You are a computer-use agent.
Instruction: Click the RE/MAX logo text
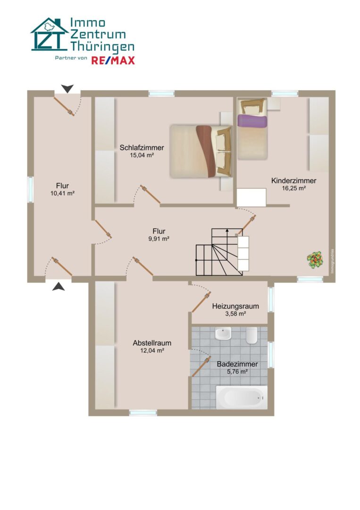(113, 60)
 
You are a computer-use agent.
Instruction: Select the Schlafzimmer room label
(142, 147)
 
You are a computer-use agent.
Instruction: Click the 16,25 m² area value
(294, 188)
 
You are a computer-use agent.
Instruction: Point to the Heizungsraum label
(235, 306)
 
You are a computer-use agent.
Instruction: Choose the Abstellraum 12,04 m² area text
(152, 350)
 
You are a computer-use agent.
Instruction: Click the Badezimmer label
(237, 364)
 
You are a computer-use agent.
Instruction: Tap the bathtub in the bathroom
(242, 397)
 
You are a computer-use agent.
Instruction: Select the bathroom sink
(223, 333)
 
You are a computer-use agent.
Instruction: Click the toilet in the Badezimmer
(251, 335)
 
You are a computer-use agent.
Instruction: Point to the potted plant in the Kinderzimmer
(315, 260)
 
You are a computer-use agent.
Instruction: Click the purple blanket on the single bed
(252, 121)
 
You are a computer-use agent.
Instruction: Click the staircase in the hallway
(223, 252)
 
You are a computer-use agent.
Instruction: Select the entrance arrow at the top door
(67, 88)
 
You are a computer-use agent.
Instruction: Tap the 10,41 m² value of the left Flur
(62, 193)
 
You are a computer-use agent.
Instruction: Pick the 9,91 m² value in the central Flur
(159, 239)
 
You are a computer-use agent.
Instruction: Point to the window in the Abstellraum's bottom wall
(143, 413)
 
